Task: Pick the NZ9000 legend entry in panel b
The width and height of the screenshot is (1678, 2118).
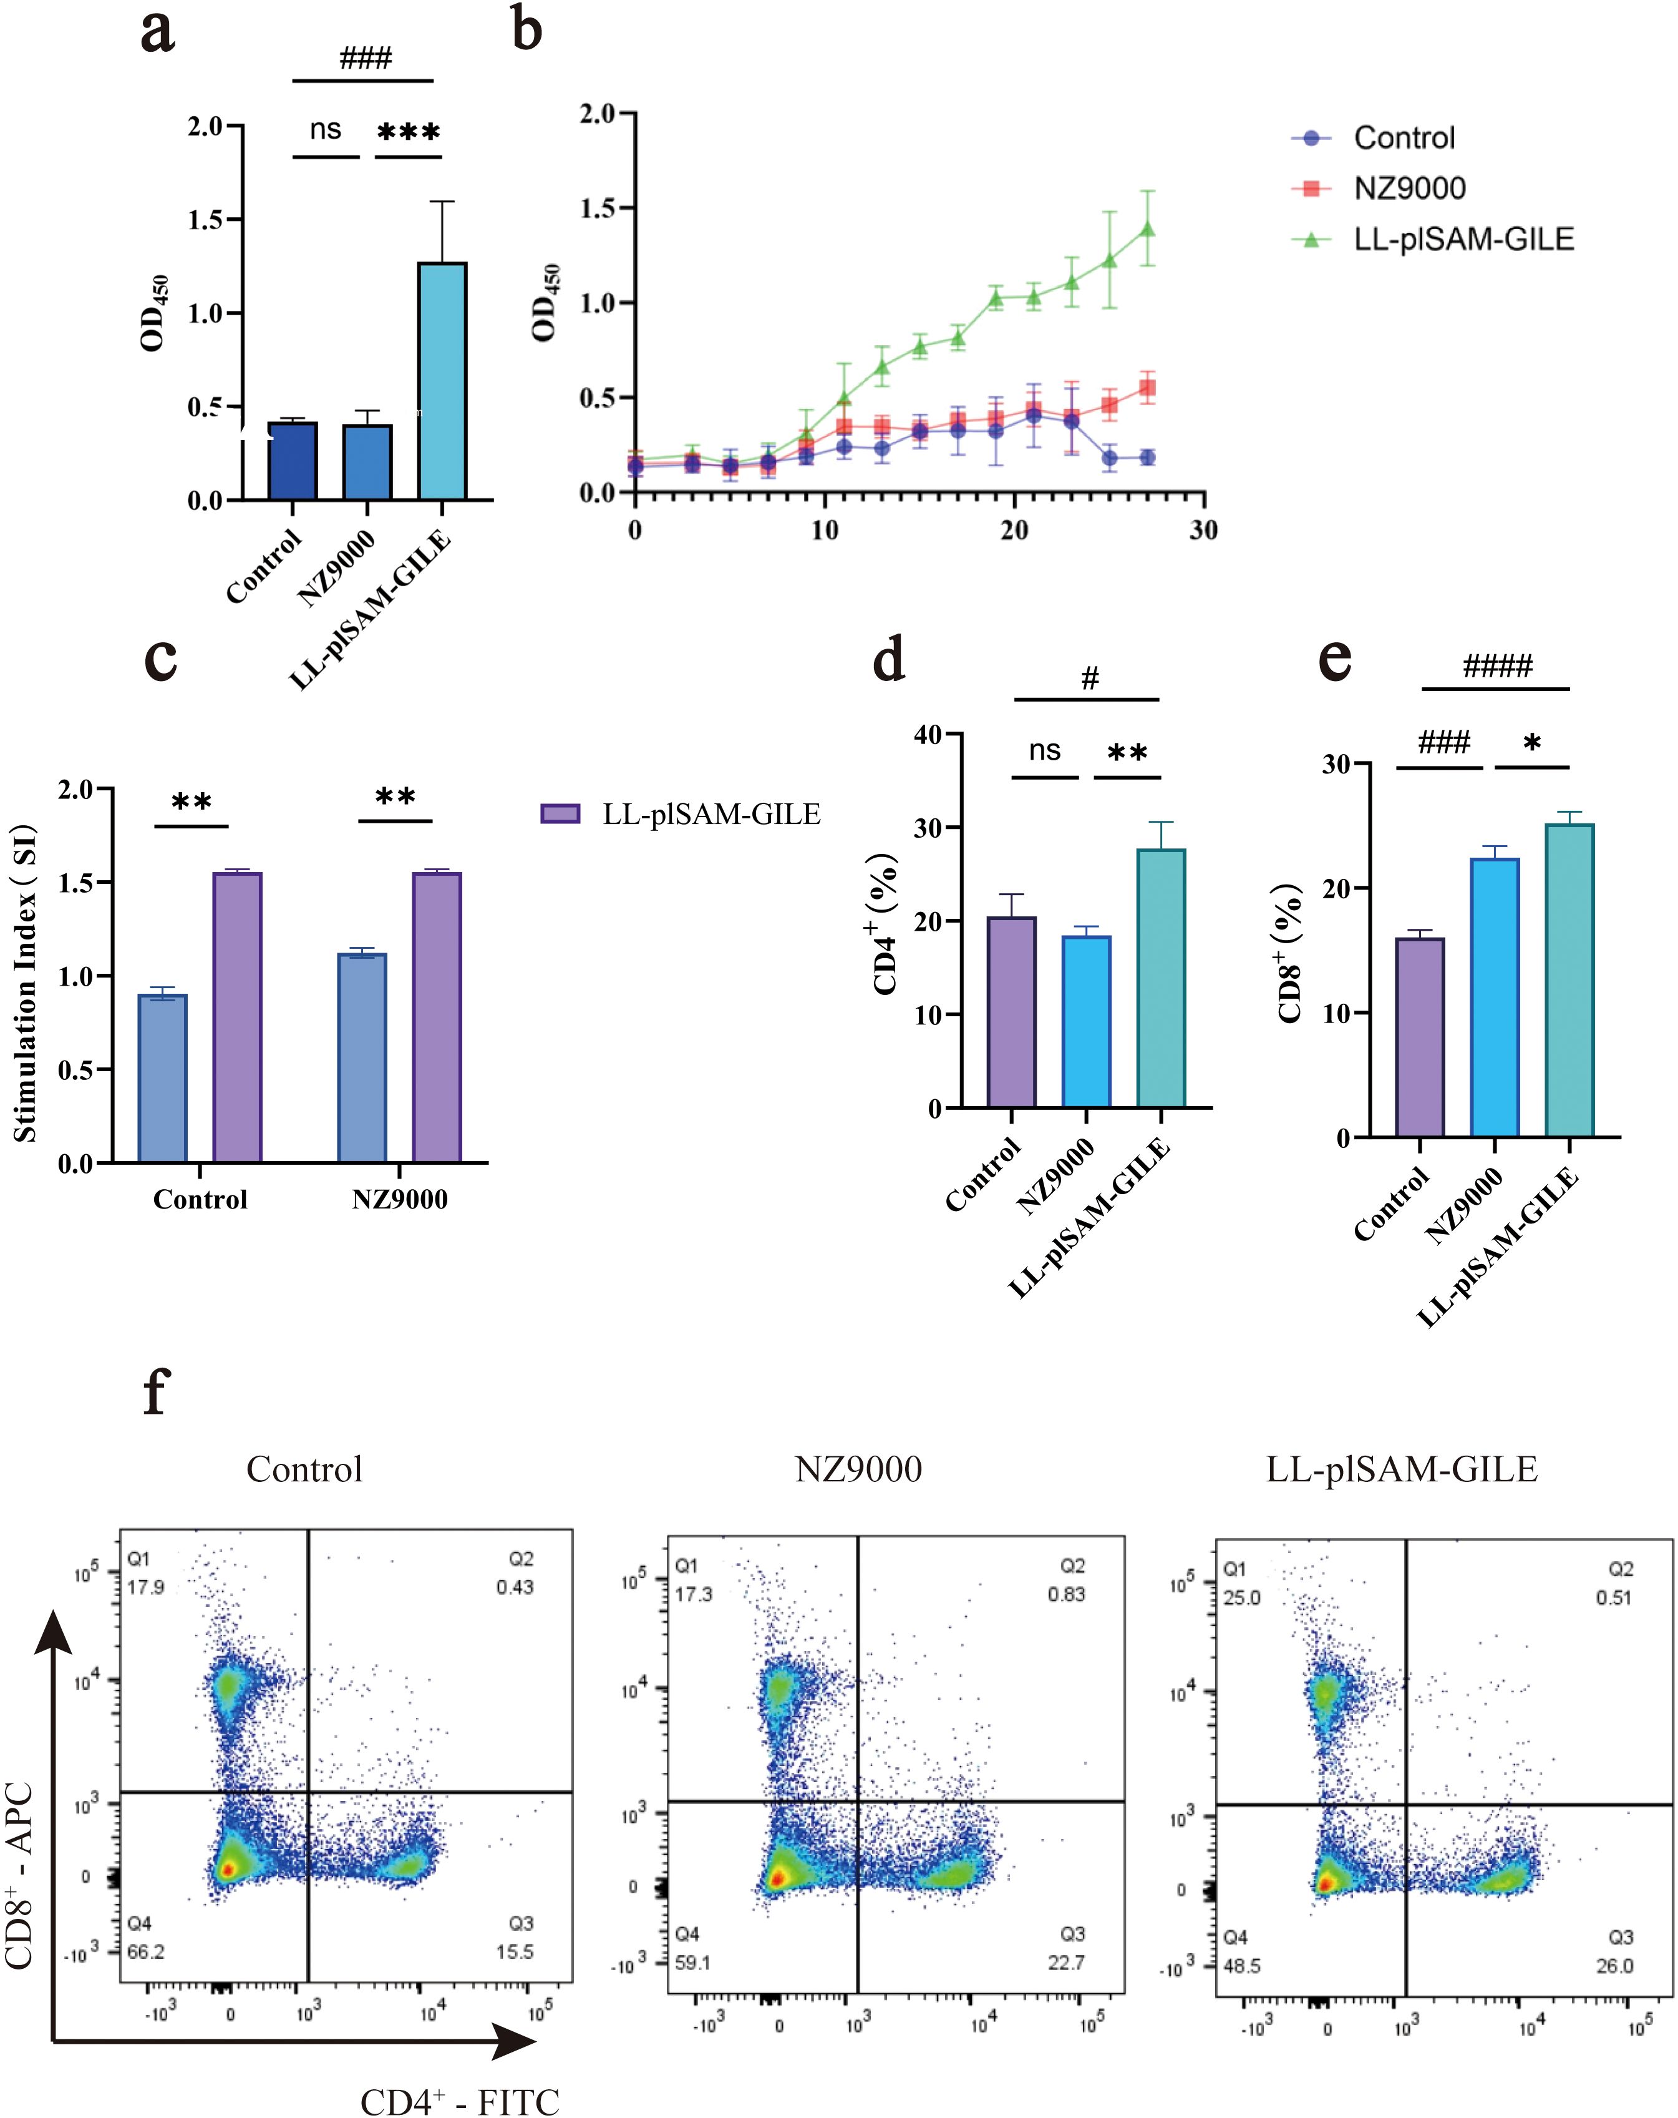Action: click(x=1409, y=189)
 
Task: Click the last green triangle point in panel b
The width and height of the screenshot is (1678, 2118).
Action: click(x=1147, y=230)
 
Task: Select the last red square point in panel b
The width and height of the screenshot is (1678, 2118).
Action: click(x=1147, y=388)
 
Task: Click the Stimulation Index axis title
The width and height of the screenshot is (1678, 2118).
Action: click(x=24, y=983)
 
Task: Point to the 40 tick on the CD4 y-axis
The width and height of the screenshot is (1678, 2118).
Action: click(x=927, y=735)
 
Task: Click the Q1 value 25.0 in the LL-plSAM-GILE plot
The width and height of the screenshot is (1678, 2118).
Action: click(x=1242, y=1598)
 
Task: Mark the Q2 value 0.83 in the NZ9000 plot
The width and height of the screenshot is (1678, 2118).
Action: click(x=1066, y=1594)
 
